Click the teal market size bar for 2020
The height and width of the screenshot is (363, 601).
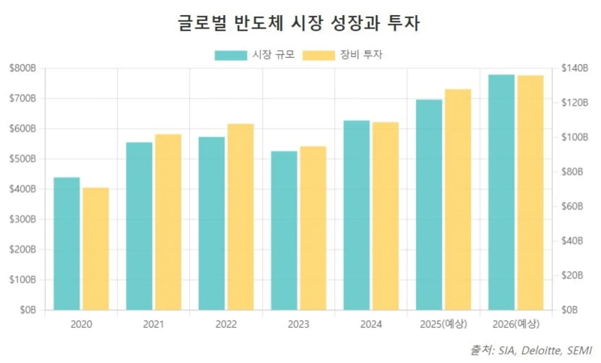tap(67, 244)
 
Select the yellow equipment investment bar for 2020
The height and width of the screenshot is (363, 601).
tap(96, 249)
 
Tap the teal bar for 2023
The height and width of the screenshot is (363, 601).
tap(285, 230)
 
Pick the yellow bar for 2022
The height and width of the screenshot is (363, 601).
tap(241, 216)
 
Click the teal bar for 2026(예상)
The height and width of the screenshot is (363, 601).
tap(502, 192)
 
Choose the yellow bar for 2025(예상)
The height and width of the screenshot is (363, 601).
tap(458, 199)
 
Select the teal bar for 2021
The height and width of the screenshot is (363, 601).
tap(140, 225)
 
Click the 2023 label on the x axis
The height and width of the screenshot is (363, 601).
tap(299, 324)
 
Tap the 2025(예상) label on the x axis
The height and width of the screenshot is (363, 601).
tap(444, 324)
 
